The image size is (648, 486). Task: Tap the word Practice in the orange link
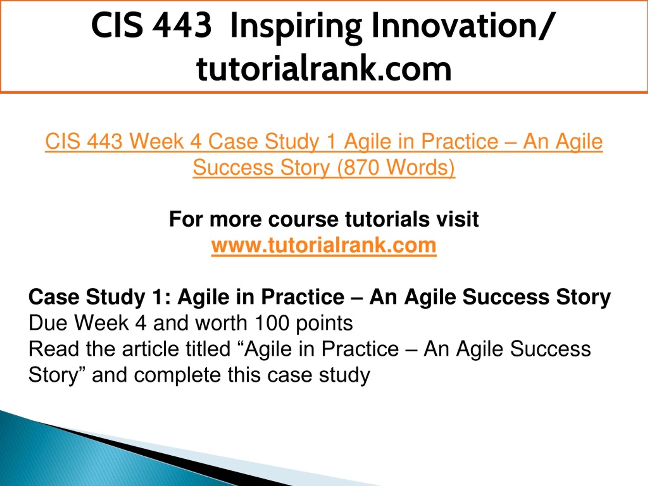pos(460,141)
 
